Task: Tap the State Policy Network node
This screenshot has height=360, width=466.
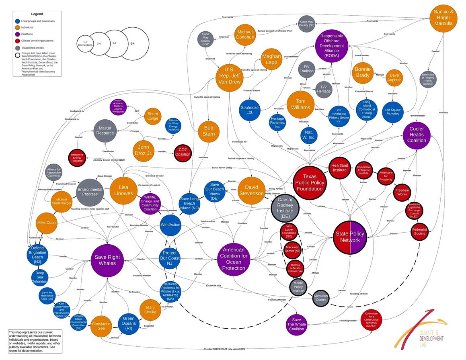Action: (x=350, y=237)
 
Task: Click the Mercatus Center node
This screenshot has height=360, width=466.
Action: (x=320, y=298)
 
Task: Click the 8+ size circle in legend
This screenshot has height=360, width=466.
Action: (x=132, y=43)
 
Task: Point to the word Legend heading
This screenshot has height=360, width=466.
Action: (x=37, y=14)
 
